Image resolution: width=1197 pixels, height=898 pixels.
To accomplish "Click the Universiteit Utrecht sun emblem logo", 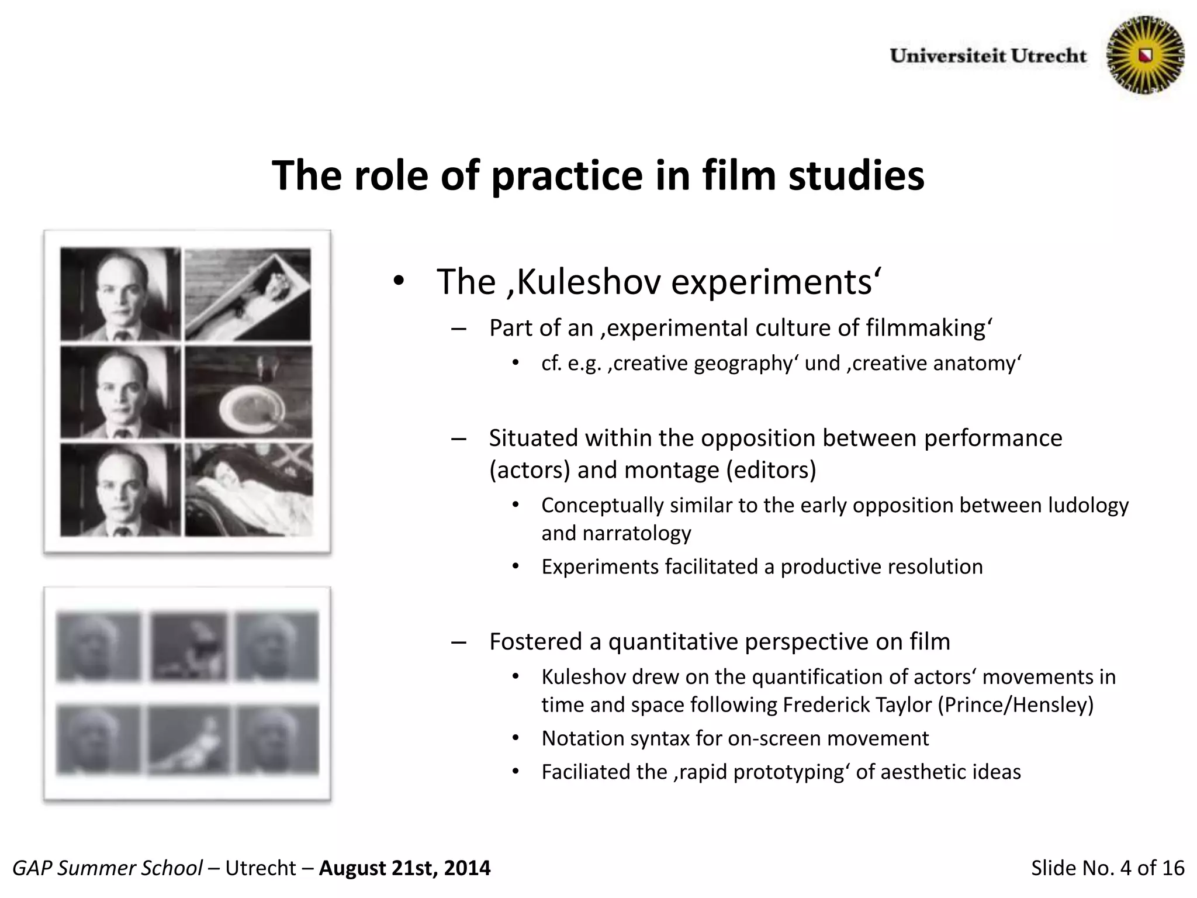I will [x=1146, y=56].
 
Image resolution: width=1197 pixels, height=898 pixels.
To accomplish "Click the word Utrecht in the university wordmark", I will [x=1049, y=56].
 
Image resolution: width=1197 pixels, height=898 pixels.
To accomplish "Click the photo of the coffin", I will [x=248, y=295].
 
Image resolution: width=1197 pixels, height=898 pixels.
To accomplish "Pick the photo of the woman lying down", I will [x=248, y=490].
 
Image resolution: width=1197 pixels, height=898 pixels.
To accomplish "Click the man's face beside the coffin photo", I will [x=120, y=295].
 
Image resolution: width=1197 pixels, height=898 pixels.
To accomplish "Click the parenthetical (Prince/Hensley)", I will [x=1016, y=704].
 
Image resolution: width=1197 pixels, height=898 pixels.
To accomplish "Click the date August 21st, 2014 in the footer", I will [x=404, y=868].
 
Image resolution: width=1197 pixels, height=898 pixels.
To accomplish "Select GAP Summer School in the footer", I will [x=107, y=868].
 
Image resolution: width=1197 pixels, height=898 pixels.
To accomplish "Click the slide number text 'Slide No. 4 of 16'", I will [x=1108, y=868].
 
